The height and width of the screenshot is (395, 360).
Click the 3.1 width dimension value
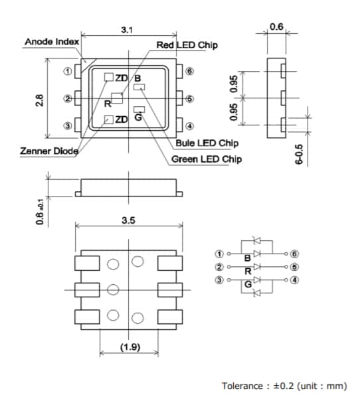pos(126,30)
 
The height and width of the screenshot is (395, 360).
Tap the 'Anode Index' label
pos(51,42)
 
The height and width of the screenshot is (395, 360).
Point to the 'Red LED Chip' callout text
pos(187,45)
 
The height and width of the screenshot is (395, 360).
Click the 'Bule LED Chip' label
pos(207,143)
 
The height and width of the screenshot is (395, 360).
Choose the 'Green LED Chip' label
pos(207,159)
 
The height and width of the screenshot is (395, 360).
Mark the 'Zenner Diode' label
pos(49,151)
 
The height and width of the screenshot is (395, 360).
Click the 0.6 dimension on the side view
pos(276,27)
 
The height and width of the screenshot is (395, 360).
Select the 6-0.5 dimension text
pos(299,154)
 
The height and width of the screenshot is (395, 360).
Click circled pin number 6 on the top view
pos(189,71)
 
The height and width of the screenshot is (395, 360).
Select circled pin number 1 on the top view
pos(67,71)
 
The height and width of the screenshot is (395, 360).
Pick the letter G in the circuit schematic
pos(248,285)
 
